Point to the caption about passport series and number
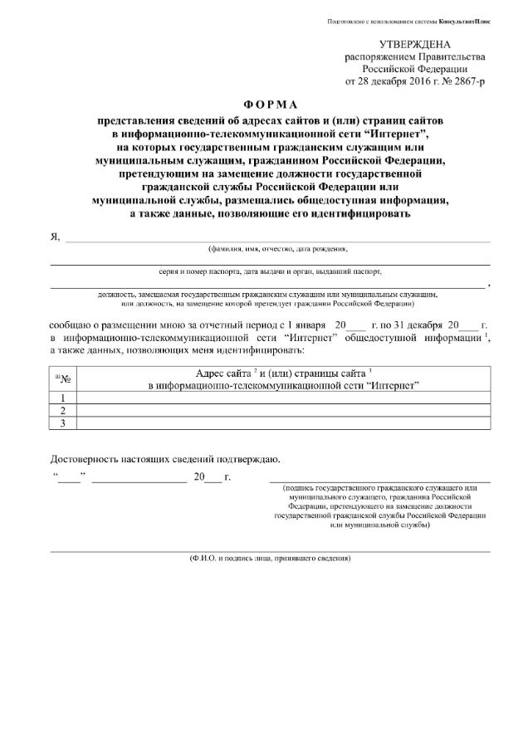coord(270,271)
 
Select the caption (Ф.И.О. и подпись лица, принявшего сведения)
coord(270,558)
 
